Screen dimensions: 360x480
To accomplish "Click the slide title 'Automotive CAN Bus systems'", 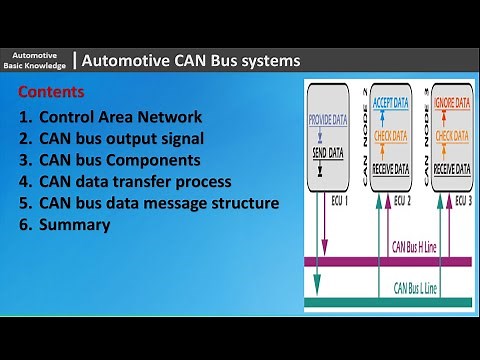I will pos(190,61).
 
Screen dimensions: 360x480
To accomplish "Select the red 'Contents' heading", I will pos(51,92).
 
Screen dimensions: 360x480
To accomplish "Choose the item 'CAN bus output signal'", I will pos(125,138).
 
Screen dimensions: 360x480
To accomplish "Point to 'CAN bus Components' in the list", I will pos(119,160).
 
